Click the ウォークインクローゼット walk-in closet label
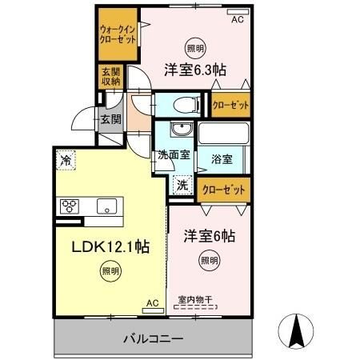tap(118, 34)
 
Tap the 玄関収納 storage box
tap(111, 77)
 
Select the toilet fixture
tap(186, 105)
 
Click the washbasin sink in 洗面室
tap(182, 129)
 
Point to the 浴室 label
tap(222, 159)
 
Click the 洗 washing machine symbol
tap(182, 185)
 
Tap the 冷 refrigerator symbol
tap(66, 160)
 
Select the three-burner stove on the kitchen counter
tap(70, 206)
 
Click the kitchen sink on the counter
tap(106, 206)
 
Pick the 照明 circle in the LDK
tap(110, 271)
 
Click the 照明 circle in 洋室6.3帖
tap(196, 48)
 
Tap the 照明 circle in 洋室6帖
tap(210, 260)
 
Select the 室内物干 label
tap(195, 300)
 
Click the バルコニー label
tap(154, 338)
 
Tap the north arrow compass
tap(296, 331)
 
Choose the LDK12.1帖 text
tap(110, 246)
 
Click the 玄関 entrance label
tap(111, 119)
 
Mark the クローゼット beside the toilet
tap(230, 105)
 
